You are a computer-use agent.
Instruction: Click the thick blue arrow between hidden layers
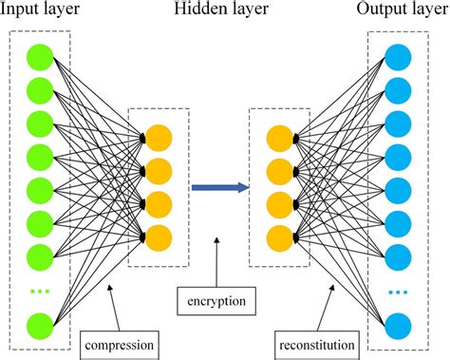pos(218,188)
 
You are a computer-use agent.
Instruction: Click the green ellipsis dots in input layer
pos(39,290)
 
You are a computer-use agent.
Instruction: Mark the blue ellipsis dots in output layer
pos(399,290)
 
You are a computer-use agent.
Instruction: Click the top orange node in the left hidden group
pos(159,139)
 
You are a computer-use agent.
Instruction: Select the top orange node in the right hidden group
pos(280,139)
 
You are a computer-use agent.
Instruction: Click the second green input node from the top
pos(39,92)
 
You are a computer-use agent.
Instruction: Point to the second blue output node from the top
pos(399,92)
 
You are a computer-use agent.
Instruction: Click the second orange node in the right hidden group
pos(280,172)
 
